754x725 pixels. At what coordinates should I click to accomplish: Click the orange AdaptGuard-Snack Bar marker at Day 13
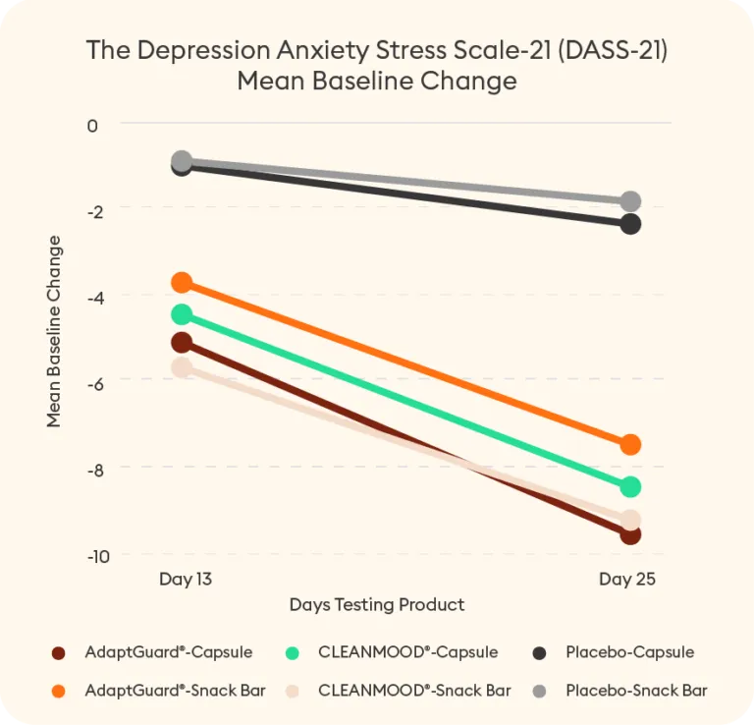[x=182, y=283]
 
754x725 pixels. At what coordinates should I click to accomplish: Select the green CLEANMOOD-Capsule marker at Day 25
[x=630, y=486]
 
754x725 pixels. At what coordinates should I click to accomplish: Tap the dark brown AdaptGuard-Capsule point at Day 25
[x=630, y=534]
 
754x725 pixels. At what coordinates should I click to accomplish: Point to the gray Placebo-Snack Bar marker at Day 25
[x=630, y=201]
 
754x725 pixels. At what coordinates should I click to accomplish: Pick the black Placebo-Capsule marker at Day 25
[x=630, y=224]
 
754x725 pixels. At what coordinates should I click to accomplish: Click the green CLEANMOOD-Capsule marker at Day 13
[x=182, y=314]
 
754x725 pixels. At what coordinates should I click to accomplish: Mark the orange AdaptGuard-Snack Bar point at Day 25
[x=630, y=444]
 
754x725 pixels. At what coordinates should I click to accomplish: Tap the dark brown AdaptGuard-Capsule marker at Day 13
[x=182, y=342]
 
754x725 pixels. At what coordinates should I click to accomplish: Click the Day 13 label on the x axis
[x=186, y=580]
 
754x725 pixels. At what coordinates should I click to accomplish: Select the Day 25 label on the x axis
[x=627, y=580]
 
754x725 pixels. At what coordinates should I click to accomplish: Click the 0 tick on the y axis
[x=93, y=125]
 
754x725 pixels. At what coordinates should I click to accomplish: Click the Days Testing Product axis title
[x=377, y=604]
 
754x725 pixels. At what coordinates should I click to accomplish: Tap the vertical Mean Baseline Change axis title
[x=54, y=331]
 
